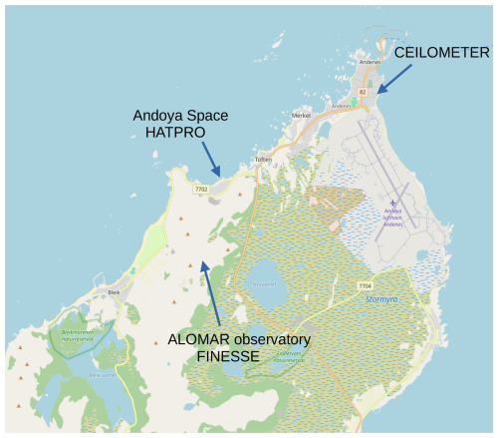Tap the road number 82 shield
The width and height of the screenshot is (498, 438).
coord(363,92)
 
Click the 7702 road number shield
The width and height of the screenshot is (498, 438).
coord(200,188)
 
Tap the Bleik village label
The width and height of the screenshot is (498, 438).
coord(115,292)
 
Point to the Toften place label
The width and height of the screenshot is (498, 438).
coord(263,160)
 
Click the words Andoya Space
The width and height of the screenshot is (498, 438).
coord(179,115)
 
